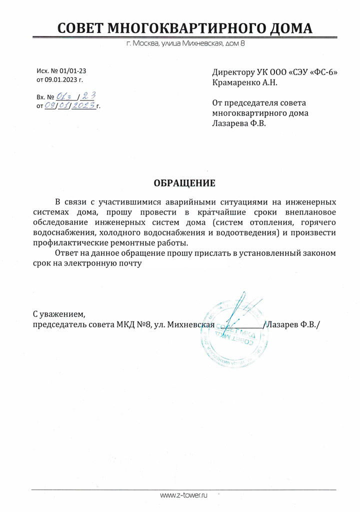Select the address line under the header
pyautogui.click(x=185, y=44)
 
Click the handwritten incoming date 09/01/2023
pyautogui.click(x=69, y=105)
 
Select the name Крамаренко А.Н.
pyautogui.click(x=244, y=82)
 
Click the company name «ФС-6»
pyautogui.click(x=323, y=72)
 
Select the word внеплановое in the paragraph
pyautogui.click(x=310, y=212)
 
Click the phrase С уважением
pyautogui.click(x=59, y=314)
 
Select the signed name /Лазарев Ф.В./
pyautogui.click(x=292, y=324)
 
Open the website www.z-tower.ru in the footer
pyautogui.click(x=183, y=495)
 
